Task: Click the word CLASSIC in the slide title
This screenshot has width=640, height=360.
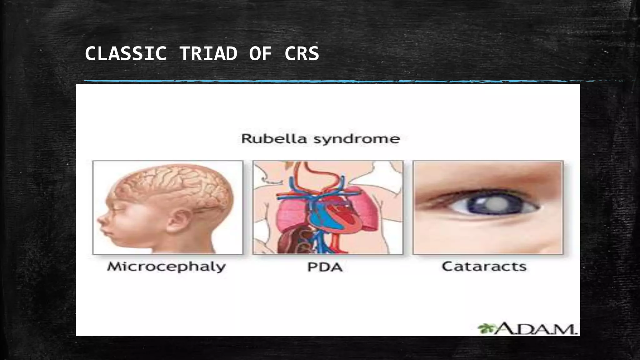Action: click(x=125, y=53)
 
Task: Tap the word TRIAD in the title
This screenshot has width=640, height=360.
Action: click(x=208, y=53)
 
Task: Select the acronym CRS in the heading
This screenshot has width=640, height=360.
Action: click(x=302, y=53)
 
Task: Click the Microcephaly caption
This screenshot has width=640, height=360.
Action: click(x=166, y=267)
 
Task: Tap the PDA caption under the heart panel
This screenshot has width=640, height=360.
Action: click(x=325, y=267)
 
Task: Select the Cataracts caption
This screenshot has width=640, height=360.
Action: click(x=484, y=266)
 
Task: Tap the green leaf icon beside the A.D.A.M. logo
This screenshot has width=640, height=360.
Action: click(x=485, y=328)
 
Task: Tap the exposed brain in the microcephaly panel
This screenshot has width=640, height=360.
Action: click(x=175, y=187)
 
